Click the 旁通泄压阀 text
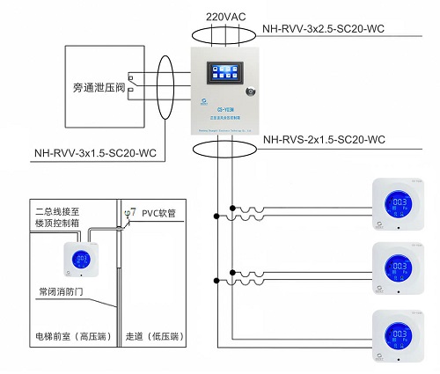pyautogui.click(x=95, y=88)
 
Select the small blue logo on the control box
pyautogui.click(x=203, y=101)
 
